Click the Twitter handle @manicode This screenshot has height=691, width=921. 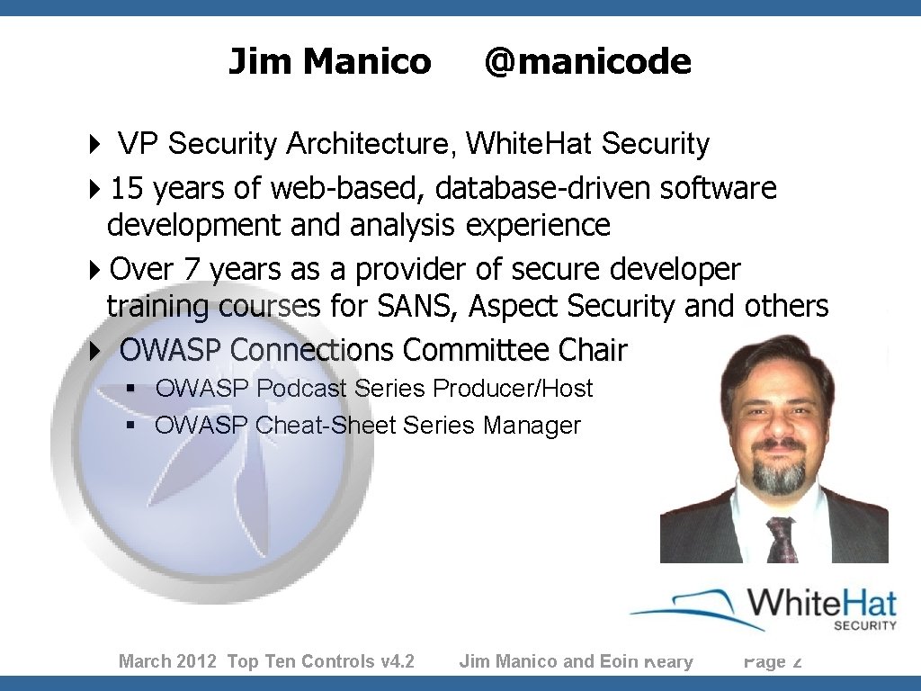click(x=587, y=62)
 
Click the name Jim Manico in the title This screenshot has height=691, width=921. click(x=329, y=62)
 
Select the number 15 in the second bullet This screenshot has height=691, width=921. click(x=126, y=189)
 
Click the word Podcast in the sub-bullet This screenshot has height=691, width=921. click(x=301, y=389)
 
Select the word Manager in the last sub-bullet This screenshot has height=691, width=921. click(x=532, y=425)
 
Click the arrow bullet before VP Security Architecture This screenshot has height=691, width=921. click(x=95, y=144)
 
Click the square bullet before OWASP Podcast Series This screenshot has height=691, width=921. click(x=130, y=389)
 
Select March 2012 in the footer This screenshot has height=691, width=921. click(x=167, y=662)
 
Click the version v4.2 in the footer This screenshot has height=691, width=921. click(x=397, y=662)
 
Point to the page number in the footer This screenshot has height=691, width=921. click(x=773, y=662)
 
